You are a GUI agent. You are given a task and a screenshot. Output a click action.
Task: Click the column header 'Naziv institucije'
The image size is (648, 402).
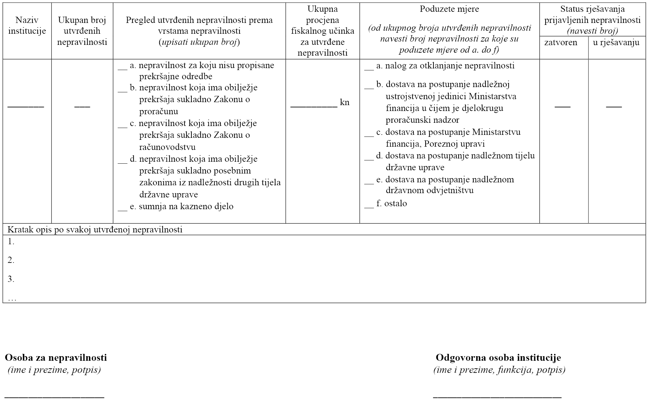click(27, 26)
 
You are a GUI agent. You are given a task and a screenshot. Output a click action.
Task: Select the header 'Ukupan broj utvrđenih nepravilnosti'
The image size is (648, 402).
click(82, 31)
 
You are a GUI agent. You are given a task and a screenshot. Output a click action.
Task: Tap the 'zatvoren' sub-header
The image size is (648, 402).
click(561, 42)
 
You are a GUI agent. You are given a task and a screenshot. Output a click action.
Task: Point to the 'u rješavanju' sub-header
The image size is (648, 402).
click(616, 42)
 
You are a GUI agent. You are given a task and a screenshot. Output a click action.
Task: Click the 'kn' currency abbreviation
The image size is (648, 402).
click(345, 102)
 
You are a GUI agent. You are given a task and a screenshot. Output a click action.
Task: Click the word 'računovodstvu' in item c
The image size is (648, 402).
click(167, 147)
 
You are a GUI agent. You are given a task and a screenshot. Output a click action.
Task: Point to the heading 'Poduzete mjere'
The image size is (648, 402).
click(449, 9)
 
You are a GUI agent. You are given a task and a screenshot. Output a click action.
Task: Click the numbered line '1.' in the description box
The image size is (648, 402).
click(11, 242)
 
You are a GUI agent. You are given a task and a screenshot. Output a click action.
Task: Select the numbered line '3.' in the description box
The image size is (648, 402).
click(11, 279)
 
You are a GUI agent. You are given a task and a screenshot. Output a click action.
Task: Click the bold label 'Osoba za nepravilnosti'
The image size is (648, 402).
click(56, 357)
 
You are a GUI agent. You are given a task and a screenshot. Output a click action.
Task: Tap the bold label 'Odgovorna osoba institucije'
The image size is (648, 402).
click(498, 357)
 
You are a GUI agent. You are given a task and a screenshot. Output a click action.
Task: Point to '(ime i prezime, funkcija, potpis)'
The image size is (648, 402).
click(499, 370)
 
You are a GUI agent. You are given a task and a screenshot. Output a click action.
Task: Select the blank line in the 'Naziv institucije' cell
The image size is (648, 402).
click(26, 106)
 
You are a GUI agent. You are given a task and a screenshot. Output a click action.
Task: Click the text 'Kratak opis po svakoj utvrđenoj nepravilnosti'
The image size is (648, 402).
click(95, 229)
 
